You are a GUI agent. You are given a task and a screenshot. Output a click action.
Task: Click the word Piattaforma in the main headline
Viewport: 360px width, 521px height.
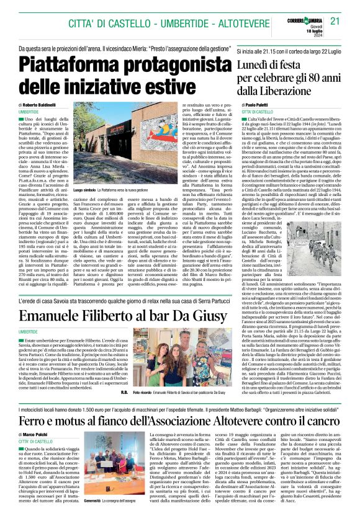pyautogui.click(x=74, y=65)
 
